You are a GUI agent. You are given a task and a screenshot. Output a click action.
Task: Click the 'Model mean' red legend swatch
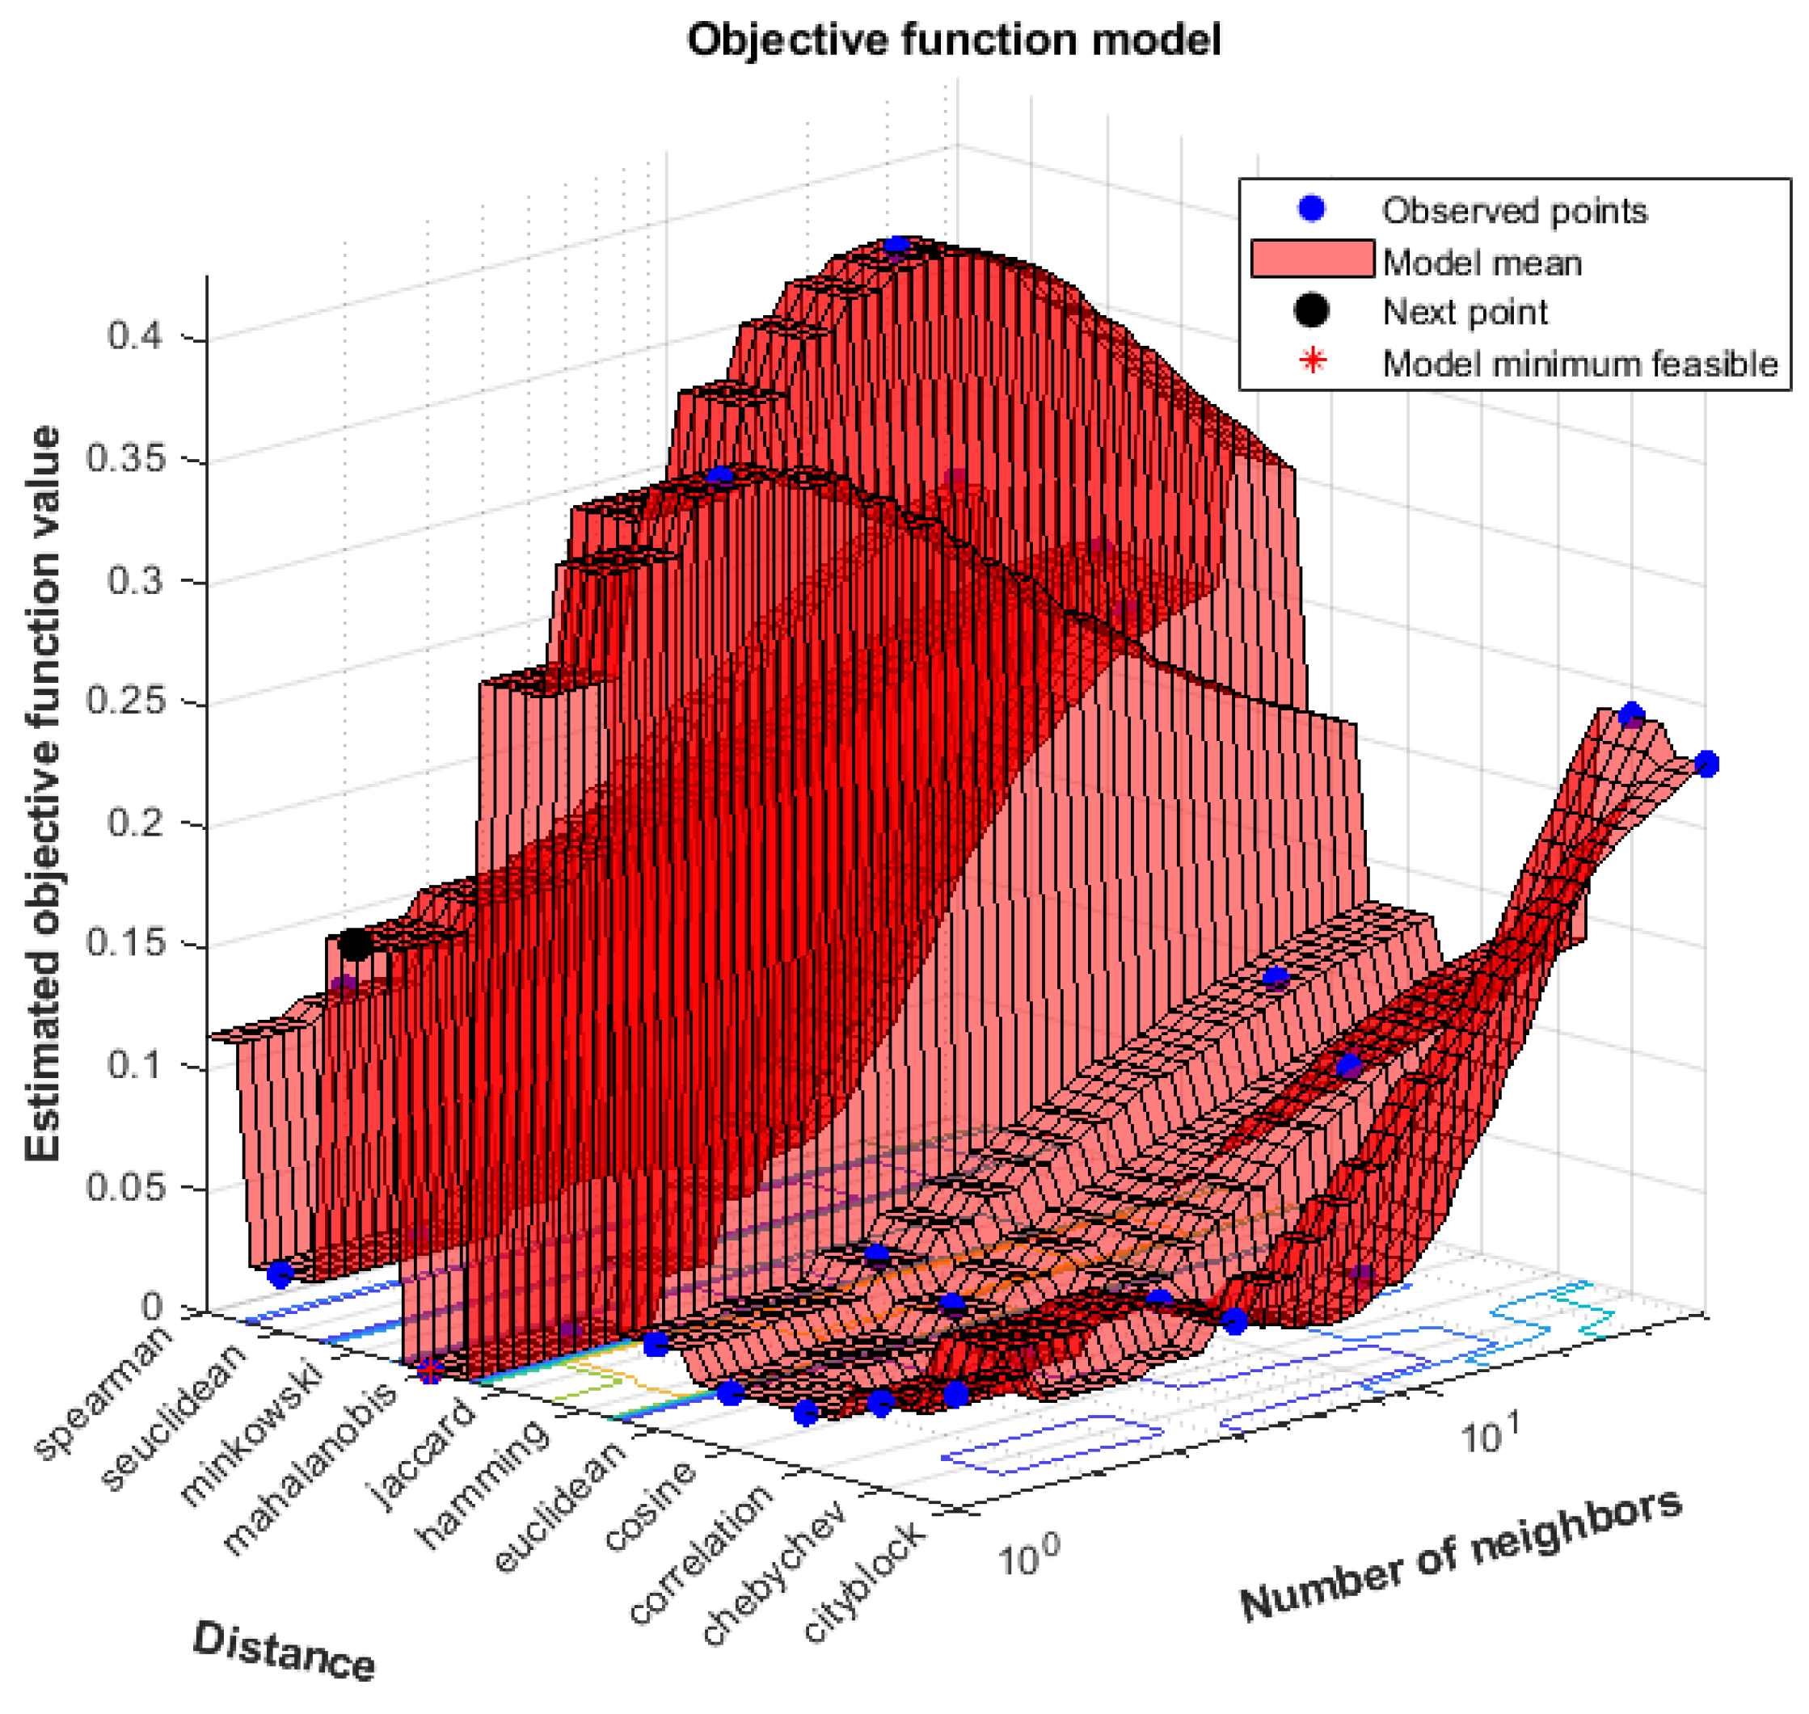(1312, 259)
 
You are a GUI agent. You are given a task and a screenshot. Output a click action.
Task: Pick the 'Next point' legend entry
(1464, 313)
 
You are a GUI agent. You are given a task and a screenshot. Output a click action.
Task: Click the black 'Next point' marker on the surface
(355, 945)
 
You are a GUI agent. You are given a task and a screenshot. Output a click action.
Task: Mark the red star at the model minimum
(429, 1371)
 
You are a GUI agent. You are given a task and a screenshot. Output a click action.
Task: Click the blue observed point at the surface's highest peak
(896, 245)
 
